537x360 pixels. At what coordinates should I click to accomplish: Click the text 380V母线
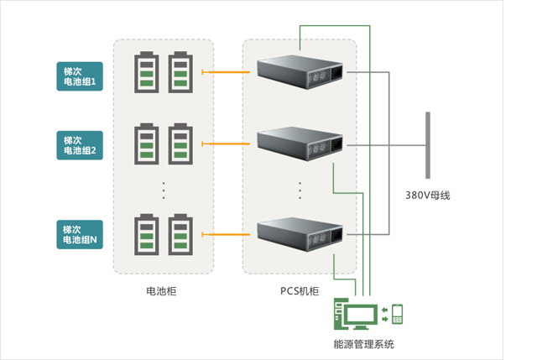tap(427, 195)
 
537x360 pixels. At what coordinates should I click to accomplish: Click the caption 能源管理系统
tap(363, 344)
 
